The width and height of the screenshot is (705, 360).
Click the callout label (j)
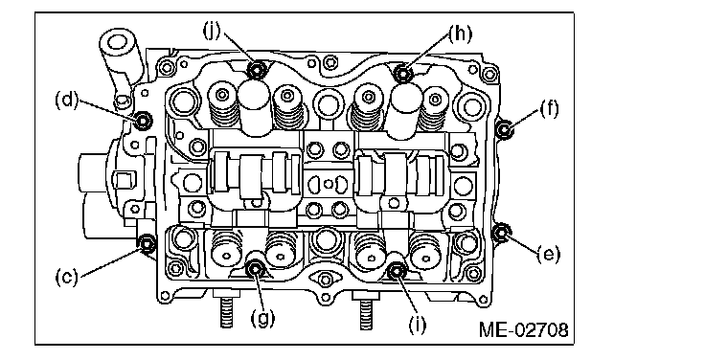pyautogui.click(x=212, y=31)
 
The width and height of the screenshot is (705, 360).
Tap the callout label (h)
pyautogui.click(x=460, y=34)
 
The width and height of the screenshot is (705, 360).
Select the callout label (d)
pyautogui.click(x=66, y=100)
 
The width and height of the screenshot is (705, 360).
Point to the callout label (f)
pyautogui.click(x=549, y=109)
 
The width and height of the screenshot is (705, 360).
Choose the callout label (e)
pyautogui.click(x=549, y=254)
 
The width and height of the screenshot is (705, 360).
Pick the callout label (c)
pyautogui.click(x=66, y=277)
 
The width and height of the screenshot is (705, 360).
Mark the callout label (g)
pyautogui.click(x=262, y=318)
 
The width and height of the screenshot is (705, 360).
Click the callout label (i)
pyautogui.click(x=417, y=324)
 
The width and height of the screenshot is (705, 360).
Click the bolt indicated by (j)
pyautogui.click(x=257, y=70)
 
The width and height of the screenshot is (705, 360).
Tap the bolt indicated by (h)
pyautogui.click(x=404, y=73)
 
